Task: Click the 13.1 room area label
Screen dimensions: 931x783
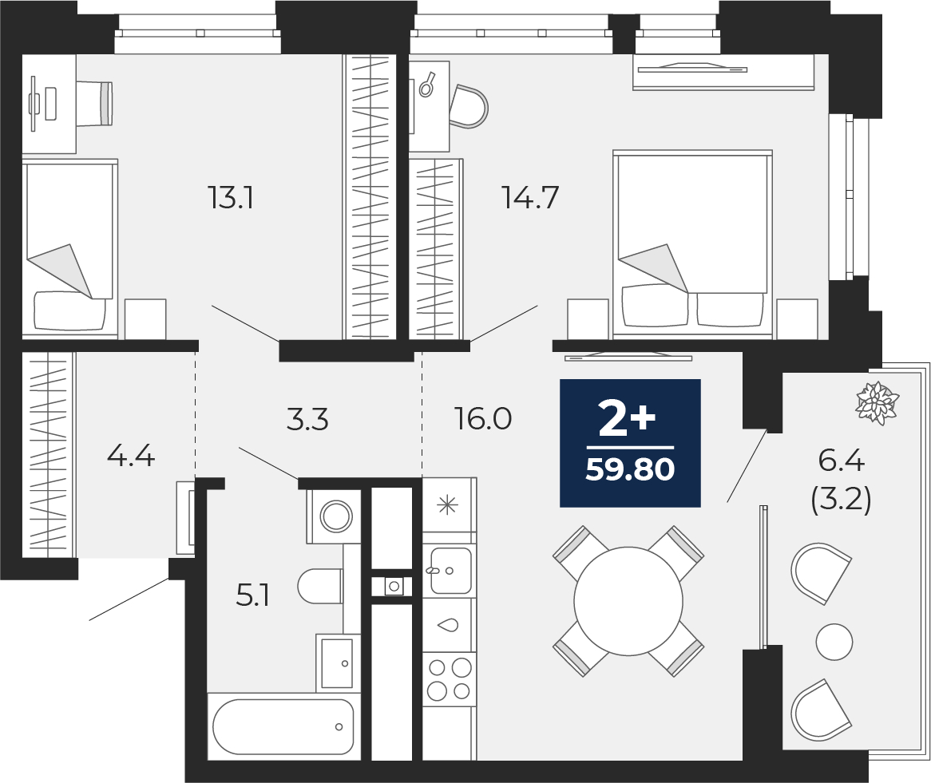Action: coord(231,197)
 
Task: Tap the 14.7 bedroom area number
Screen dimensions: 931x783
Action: coord(531,197)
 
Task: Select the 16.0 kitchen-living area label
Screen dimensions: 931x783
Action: coord(483,419)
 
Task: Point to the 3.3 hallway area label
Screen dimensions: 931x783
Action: coord(307,420)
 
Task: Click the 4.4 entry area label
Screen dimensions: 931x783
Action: coord(131,457)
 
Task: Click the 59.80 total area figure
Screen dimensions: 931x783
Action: coord(630,470)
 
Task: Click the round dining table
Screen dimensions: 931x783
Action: coord(628,601)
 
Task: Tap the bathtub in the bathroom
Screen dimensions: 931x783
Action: coord(283,726)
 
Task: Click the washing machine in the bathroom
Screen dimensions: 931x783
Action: coord(334,516)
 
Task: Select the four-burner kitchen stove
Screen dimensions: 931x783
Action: coord(450,679)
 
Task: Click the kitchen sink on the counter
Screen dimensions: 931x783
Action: coord(450,571)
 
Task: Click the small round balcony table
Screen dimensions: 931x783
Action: coord(834,642)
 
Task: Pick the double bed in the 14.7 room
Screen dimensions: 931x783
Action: coord(692,244)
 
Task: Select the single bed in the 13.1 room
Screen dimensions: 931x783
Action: coord(69,248)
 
